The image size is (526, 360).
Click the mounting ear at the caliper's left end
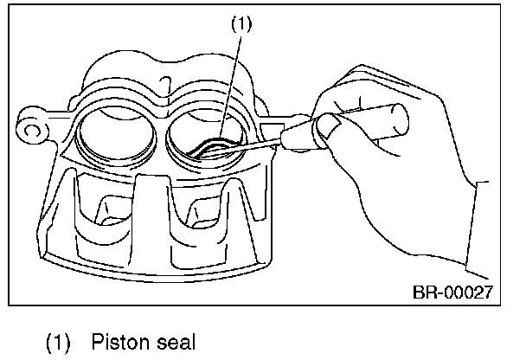(x=33, y=130)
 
